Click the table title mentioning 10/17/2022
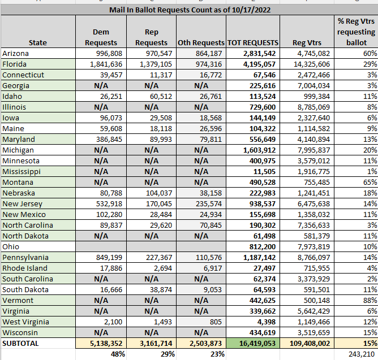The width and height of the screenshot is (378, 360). click(188, 10)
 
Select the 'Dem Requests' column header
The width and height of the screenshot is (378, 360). click(101, 37)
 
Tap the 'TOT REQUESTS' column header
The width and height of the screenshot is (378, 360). click(252, 42)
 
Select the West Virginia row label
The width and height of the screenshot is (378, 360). click(27, 322)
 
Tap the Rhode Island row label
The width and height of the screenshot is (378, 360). click(25, 268)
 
